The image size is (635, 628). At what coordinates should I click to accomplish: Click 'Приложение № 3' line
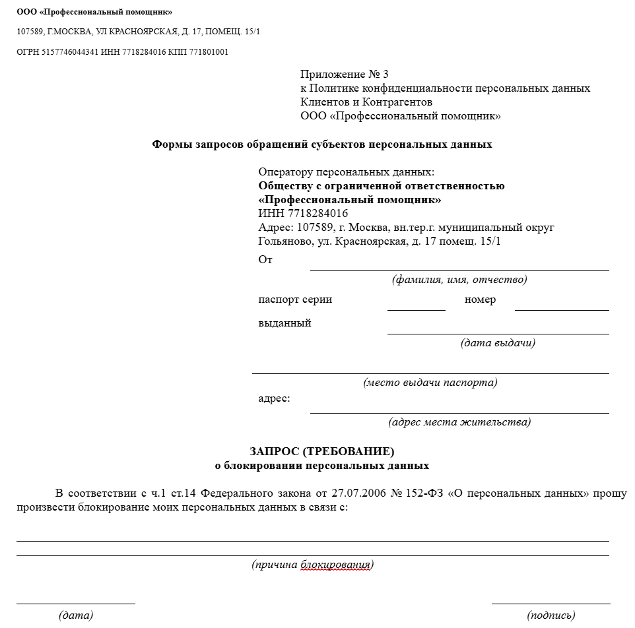[x=349, y=74]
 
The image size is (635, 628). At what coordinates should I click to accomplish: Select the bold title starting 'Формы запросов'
[x=322, y=144]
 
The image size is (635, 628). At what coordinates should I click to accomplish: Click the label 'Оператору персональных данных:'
[x=347, y=172]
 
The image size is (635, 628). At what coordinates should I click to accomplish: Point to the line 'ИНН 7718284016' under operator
[x=303, y=213]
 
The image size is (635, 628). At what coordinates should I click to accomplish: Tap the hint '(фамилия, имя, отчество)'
[x=459, y=280]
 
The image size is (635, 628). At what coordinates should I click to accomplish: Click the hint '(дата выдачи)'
[x=498, y=343]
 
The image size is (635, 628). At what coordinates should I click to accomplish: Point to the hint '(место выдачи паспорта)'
[x=430, y=383]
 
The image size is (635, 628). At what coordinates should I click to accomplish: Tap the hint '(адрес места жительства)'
[x=459, y=422]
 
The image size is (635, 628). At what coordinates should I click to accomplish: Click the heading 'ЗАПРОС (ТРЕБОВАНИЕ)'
[x=322, y=452]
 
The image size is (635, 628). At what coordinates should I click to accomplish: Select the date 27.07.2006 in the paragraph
[x=356, y=493]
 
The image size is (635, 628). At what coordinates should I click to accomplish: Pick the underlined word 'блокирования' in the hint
[x=335, y=565]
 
